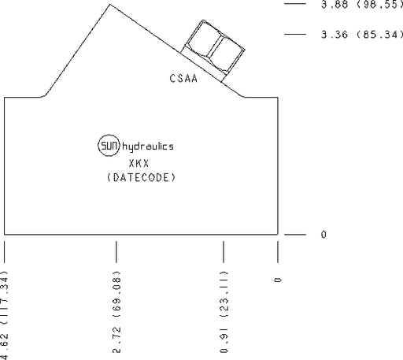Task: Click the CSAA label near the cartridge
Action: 183,78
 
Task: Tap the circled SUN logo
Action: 109,145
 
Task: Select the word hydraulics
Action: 148,147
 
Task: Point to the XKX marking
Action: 139,163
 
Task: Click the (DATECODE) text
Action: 141,178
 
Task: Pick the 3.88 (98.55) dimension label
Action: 362,5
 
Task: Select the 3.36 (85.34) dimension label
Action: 362,35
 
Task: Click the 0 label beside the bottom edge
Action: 324,234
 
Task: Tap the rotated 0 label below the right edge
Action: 278,280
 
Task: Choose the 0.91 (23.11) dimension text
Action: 224,312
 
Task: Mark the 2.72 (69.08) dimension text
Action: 116,312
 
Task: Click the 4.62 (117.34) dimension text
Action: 5,315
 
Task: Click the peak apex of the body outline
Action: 109,5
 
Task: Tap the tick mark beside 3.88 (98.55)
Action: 295,4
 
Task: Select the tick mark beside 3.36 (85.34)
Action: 295,34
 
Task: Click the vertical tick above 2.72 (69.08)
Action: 116,252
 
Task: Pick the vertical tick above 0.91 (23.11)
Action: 224,252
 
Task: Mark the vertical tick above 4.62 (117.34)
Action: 5,252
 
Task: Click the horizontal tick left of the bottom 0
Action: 295,234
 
